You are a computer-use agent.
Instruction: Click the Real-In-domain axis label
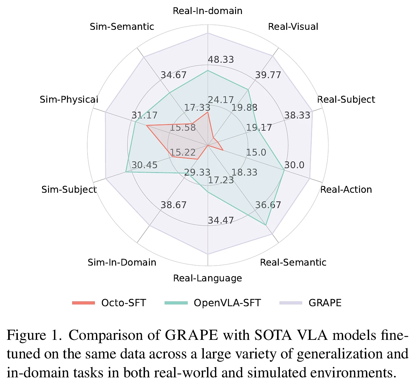(207, 11)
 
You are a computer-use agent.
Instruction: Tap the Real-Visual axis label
(293, 27)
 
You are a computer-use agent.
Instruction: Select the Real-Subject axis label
(346, 100)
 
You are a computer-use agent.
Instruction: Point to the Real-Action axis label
(346, 190)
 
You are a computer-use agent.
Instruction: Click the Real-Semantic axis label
(293, 262)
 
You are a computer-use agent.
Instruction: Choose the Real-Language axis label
(207, 278)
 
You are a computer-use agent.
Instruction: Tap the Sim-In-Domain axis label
(122, 262)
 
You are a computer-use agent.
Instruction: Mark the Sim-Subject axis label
(69, 190)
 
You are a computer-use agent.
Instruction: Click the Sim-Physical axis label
(69, 100)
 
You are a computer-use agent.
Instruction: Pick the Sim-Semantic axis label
(122, 27)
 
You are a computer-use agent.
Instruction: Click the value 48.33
(221, 60)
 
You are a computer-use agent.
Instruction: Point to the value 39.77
(268, 75)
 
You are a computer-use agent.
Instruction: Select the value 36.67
(268, 205)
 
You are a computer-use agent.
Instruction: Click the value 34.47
(221, 220)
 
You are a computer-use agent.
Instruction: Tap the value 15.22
(183, 152)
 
